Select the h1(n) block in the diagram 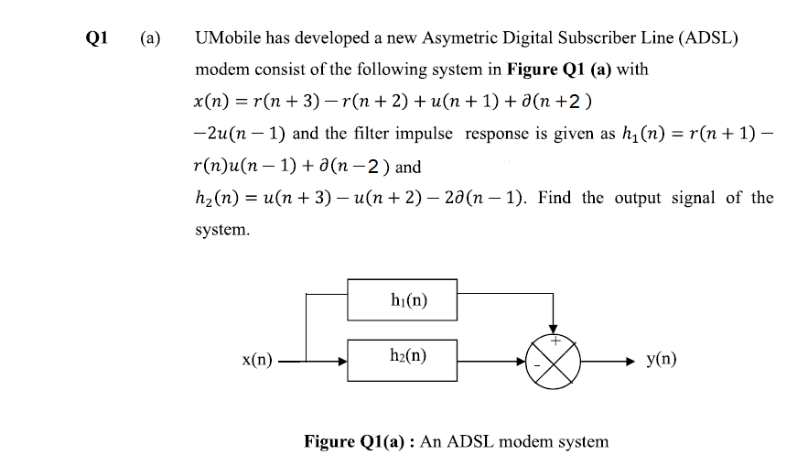[403, 299]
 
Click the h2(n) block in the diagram [403, 356]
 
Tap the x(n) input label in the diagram [256, 361]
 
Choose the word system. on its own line [222, 229]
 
